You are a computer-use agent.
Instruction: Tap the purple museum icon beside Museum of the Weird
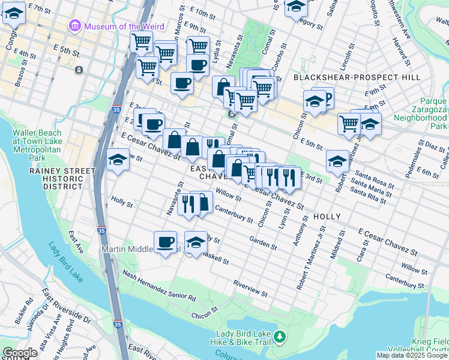[74, 26]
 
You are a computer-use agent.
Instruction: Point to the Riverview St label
[250, 287]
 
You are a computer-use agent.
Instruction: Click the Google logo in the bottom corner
[20, 353]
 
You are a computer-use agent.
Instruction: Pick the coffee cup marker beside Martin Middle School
[165, 242]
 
